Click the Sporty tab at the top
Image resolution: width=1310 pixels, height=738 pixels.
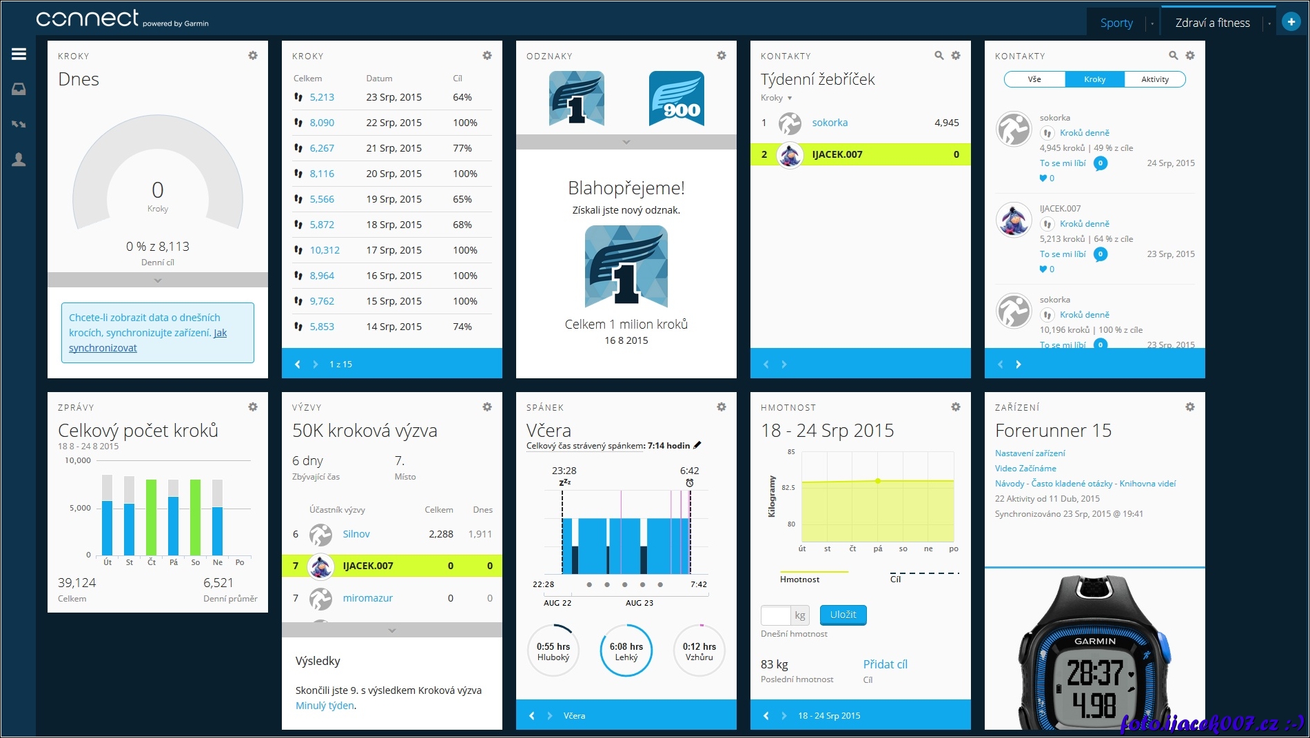click(1116, 23)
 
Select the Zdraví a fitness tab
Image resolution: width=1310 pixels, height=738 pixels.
click(1212, 23)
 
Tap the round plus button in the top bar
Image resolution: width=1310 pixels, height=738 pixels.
click(1291, 22)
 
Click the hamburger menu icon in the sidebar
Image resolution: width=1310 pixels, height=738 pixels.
click(19, 54)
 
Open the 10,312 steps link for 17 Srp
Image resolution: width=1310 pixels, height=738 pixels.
click(325, 250)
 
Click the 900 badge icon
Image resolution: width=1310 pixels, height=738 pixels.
click(676, 99)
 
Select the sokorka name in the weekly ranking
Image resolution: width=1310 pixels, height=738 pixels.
click(830, 123)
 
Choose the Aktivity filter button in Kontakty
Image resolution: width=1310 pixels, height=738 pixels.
click(1154, 79)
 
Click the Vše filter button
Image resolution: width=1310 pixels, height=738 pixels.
click(1034, 79)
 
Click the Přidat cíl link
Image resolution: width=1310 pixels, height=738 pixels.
click(885, 664)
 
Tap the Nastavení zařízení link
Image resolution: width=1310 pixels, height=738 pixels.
click(1030, 453)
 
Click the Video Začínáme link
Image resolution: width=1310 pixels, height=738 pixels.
click(1025, 469)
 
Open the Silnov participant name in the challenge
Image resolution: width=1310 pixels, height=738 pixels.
click(356, 534)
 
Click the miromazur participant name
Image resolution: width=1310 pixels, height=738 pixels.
click(367, 598)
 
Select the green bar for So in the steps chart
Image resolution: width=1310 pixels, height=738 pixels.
click(196, 517)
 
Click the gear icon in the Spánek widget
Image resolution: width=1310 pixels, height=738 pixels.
click(721, 407)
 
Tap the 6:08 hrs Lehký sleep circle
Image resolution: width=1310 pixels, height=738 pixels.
click(626, 650)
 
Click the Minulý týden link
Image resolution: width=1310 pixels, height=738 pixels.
click(325, 706)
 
